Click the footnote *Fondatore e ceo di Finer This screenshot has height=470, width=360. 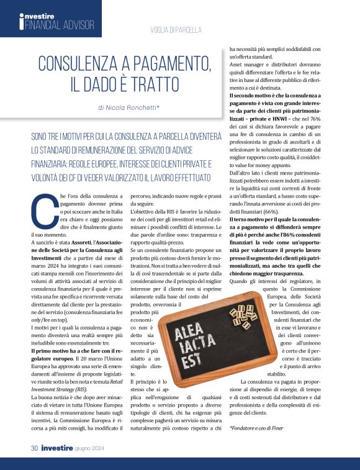[256, 428]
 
